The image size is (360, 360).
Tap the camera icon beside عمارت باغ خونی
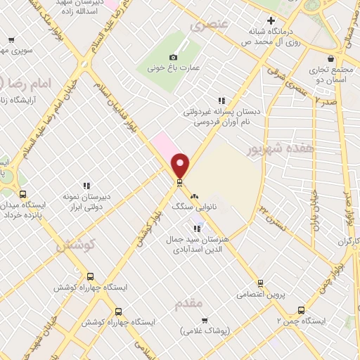tap(174, 57)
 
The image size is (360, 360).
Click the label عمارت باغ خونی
tap(174, 69)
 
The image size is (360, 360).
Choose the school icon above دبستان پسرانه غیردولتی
tap(222, 101)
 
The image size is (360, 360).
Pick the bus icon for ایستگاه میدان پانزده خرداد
tap(23, 195)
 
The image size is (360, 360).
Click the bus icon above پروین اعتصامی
tap(260, 283)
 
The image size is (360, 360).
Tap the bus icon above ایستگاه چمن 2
tap(302, 309)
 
